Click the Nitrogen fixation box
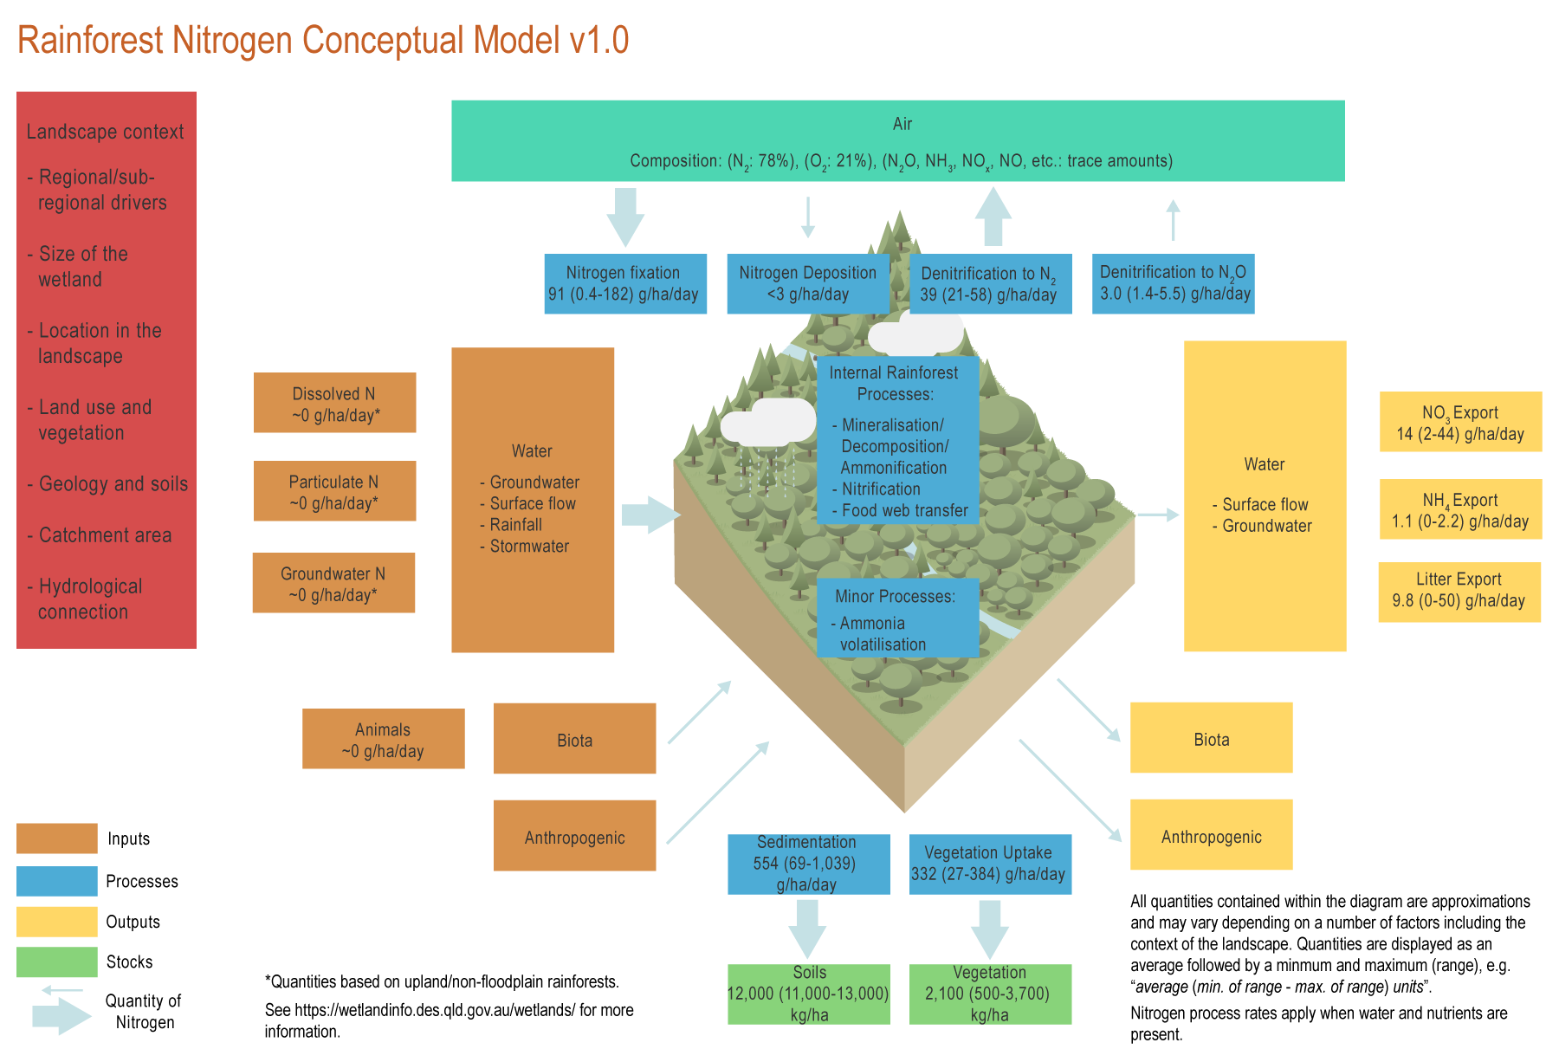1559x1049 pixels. [x=624, y=284]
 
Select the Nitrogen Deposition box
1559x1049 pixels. [x=807, y=284]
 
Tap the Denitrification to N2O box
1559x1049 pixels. [x=1173, y=284]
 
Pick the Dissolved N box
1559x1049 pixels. [x=334, y=403]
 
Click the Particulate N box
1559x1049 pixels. [x=334, y=491]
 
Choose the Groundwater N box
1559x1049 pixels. [x=333, y=583]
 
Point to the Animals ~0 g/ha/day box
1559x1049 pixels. [x=383, y=739]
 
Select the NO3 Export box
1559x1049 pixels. [x=1460, y=422]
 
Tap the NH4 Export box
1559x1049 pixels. [x=1460, y=509]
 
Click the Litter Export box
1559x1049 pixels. [x=1459, y=592]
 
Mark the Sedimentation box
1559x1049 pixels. [x=808, y=864]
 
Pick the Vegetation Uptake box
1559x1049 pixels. [x=990, y=864]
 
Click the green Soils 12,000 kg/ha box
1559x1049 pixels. [x=808, y=994]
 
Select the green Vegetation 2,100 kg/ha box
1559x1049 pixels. [x=990, y=994]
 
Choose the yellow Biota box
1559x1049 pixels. [x=1211, y=738]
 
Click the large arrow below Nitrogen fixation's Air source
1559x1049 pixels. [x=624, y=217]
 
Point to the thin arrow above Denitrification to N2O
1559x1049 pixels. [x=1173, y=219]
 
